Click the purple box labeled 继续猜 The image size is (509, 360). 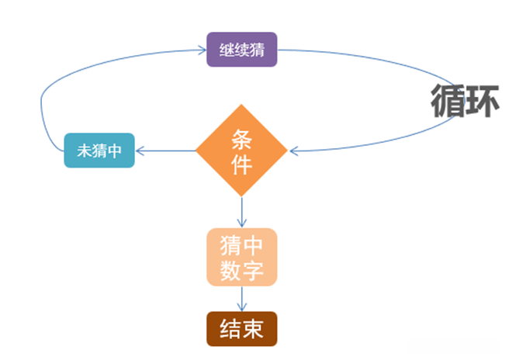click(241, 50)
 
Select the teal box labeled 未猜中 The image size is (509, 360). click(99, 151)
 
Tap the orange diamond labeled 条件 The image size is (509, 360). click(241, 151)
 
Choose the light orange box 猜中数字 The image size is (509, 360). click(241, 258)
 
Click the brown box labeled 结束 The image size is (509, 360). click(241, 329)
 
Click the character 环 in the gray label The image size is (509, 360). click(482, 102)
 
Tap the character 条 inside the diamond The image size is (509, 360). click(241, 137)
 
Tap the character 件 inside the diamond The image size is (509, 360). click(241, 164)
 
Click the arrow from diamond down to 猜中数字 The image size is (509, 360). click(241, 211)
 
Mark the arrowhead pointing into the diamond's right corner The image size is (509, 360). click(295, 151)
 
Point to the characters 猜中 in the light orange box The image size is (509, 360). click(241, 246)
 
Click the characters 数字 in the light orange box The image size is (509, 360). click(241, 270)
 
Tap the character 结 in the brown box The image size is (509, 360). click(230, 329)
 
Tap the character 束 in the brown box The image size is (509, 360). click(253, 329)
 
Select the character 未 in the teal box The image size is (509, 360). click(83, 151)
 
